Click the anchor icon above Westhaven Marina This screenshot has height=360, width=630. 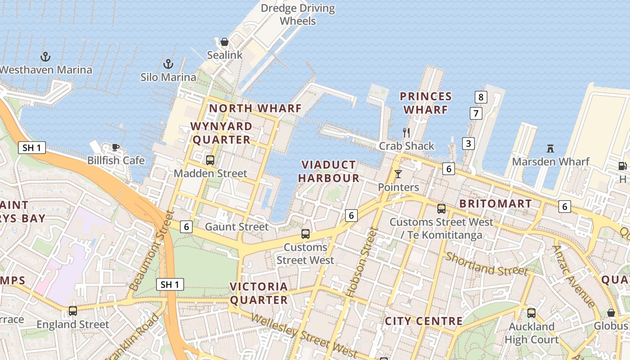[45, 57]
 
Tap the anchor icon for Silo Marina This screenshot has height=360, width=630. [168, 64]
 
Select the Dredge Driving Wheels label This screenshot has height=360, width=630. [298, 14]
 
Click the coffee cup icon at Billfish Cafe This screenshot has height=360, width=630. [116, 147]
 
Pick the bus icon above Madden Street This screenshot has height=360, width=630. [210, 160]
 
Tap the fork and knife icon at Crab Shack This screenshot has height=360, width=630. [406, 132]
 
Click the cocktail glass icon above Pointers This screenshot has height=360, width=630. [398, 174]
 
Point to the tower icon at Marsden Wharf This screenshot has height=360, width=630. [550, 148]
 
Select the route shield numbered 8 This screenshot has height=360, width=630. [481, 97]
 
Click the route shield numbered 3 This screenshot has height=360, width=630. [468, 144]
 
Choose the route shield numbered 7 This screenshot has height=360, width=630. [476, 113]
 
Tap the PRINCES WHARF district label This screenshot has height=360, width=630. [426, 103]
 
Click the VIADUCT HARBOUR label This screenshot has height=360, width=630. [328, 171]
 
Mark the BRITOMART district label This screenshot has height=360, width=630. [495, 203]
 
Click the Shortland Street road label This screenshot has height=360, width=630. [486, 264]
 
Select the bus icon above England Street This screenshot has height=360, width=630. [73, 310]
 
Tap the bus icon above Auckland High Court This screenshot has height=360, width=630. [531, 313]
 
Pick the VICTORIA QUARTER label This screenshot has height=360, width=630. [259, 293]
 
